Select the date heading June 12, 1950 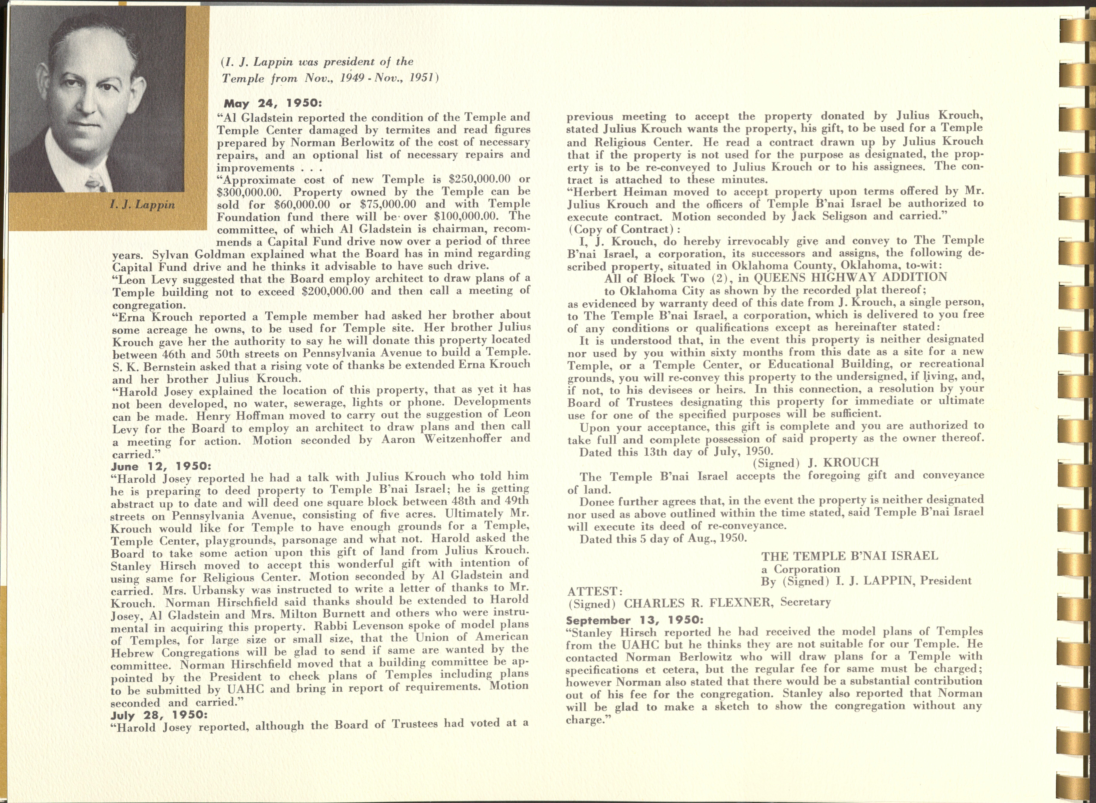161,466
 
